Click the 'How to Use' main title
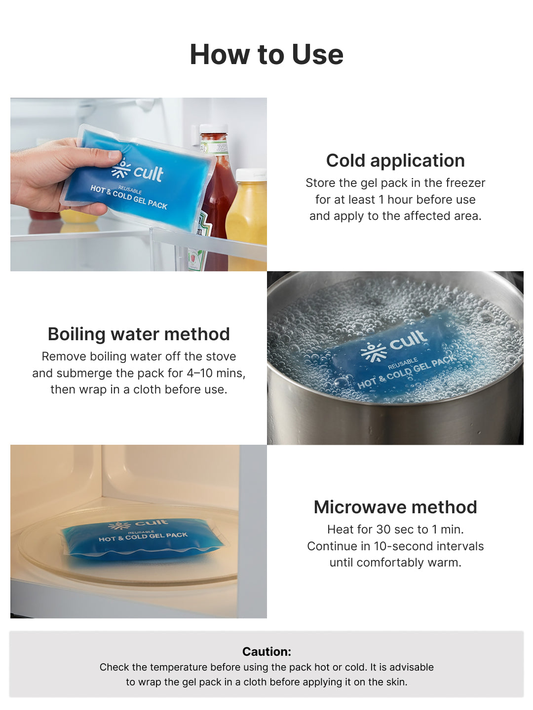click(266, 54)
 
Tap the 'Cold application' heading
click(395, 161)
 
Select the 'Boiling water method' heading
click(139, 334)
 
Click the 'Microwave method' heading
click(395, 507)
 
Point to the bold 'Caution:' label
click(266, 652)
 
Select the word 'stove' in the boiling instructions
click(221, 356)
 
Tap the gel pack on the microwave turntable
click(143, 540)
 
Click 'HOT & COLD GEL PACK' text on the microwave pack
click(143, 536)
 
